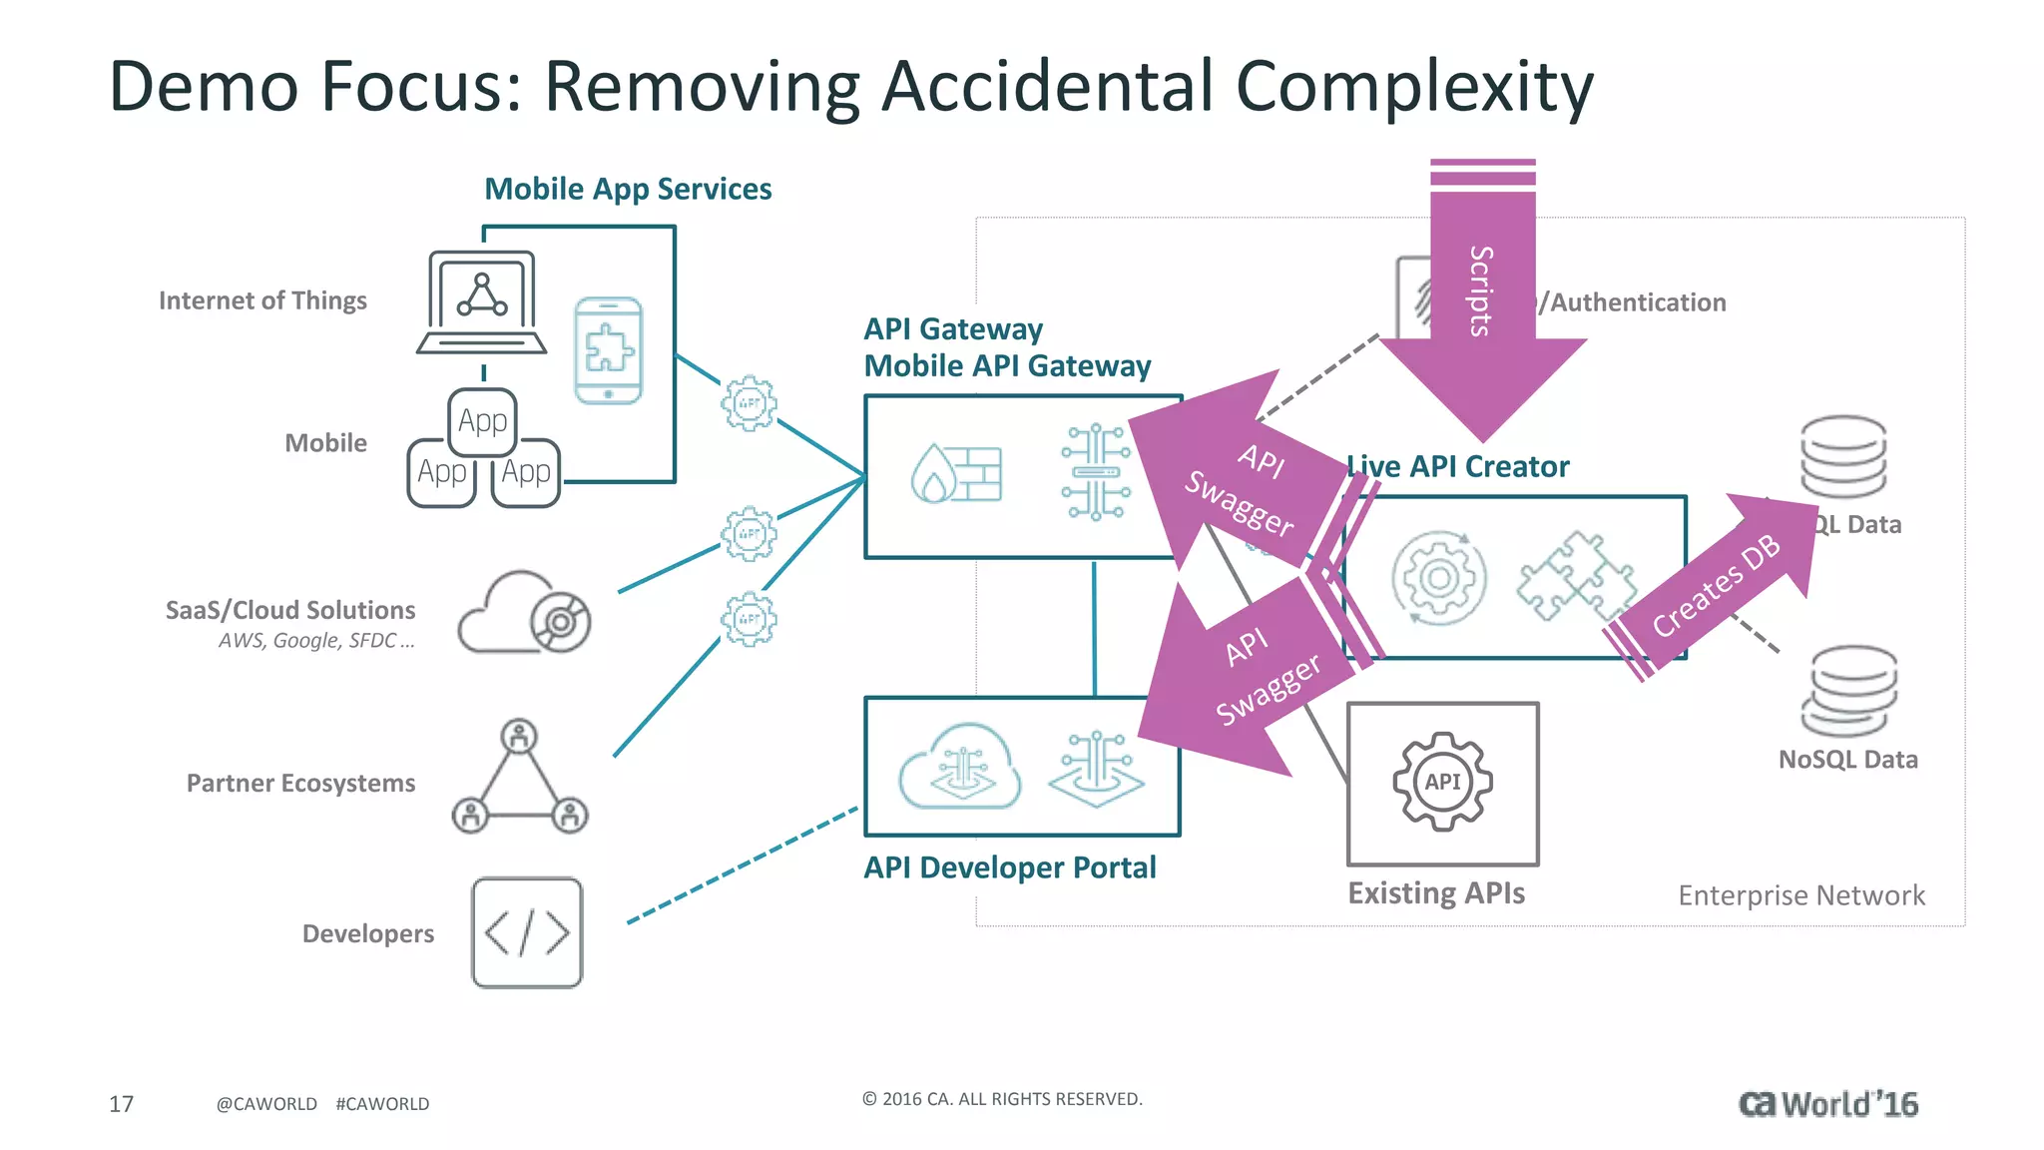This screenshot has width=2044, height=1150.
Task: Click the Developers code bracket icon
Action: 527,933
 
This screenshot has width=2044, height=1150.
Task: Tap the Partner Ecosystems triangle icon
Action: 520,779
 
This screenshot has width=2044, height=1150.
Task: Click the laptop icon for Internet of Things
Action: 482,302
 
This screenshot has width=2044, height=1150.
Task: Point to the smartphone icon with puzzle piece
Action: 609,350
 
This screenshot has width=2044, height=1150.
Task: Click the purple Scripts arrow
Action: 1482,299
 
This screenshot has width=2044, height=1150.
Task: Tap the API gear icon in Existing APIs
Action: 1442,782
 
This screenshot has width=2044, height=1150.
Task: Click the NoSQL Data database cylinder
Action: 1849,691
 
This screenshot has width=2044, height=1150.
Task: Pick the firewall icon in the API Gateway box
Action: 956,473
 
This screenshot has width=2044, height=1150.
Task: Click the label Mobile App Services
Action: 628,189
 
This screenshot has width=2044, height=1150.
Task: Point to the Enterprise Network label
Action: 1801,895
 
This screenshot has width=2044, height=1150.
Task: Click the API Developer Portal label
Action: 1010,867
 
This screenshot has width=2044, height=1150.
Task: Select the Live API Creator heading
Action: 1458,466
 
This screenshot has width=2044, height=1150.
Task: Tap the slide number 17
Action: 121,1103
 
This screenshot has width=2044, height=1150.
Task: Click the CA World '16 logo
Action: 1827,1103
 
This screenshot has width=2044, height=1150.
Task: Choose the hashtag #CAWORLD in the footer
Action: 382,1103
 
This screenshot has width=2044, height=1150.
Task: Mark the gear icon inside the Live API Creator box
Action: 1438,578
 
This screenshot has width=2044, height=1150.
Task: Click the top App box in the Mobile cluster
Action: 483,421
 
